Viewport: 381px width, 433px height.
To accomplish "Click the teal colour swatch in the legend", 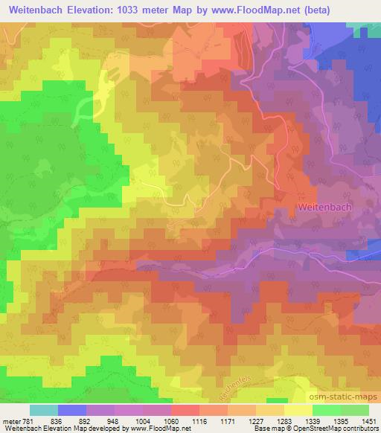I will [44, 410].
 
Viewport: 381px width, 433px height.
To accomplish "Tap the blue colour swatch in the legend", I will [72, 410].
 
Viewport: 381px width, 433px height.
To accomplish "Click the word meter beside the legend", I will [10, 421].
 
